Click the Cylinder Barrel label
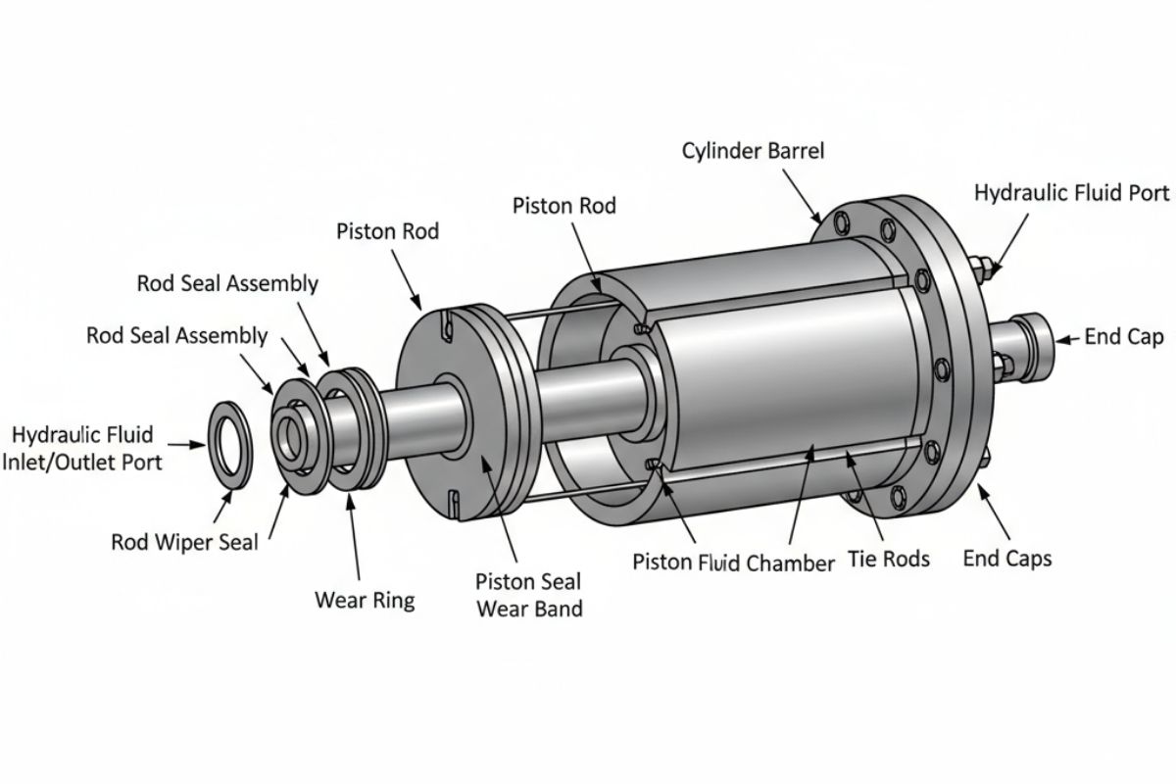753,151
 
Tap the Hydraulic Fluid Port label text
1071,193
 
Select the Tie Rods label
889,559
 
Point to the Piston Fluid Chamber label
733,563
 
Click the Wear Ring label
365,600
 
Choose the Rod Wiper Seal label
185,542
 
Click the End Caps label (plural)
1007,559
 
